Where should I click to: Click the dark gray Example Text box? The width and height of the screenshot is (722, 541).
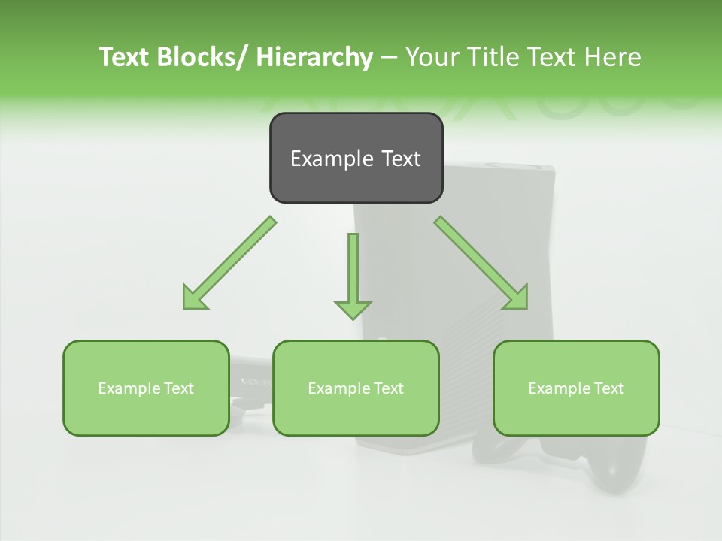tap(356, 158)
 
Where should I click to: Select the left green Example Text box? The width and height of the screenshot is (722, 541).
tap(146, 388)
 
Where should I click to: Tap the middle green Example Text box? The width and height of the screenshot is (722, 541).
tap(356, 388)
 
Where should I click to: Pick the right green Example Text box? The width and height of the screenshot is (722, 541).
tap(576, 388)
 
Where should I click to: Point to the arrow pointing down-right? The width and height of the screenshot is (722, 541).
tap(481, 264)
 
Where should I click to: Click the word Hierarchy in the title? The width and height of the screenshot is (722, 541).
tap(314, 57)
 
